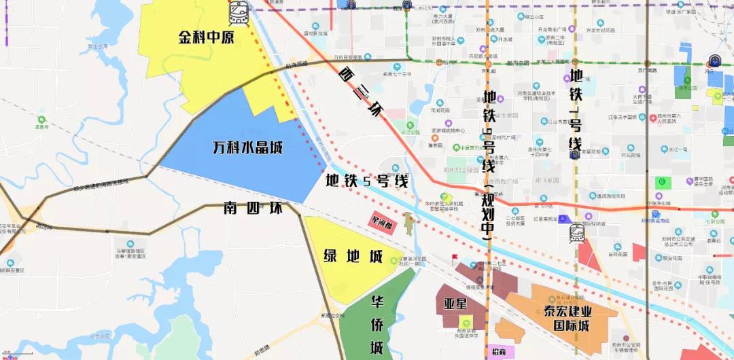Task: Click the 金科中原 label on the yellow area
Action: click(x=206, y=37)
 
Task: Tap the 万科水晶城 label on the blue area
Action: click(x=247, y=147)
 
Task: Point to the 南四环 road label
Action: click(x=252, y=209)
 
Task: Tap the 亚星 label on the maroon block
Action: click(x=455, y=304)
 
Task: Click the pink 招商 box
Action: click(x=497, y=352)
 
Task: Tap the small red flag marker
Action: click(x=454, y=258)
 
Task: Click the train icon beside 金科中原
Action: click(x=239, y=12)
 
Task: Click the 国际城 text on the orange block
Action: click(x=570, y=327)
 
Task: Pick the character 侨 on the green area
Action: click(x=377, y=325)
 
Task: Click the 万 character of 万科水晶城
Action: click(x=220, y=147)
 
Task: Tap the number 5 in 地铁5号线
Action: click(x=368, y=181)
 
